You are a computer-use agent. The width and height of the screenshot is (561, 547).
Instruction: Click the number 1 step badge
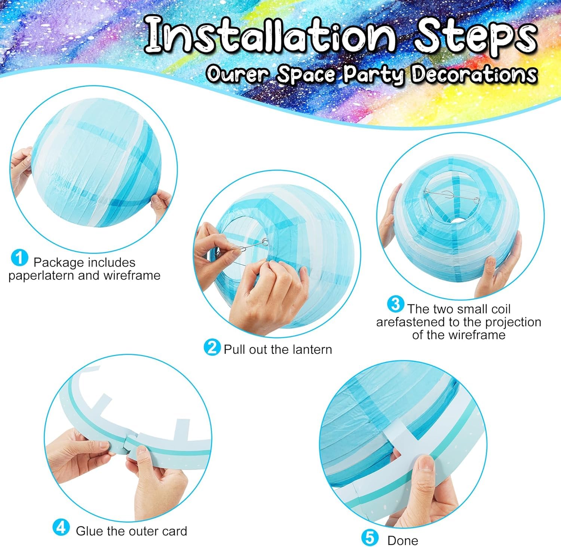[x=20, y=258]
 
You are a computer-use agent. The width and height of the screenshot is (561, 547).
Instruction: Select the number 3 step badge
[x=396, y=304]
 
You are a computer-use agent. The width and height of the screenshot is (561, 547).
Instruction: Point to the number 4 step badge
[x=61, y=527]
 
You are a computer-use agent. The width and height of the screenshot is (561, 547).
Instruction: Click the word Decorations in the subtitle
[x=474, y=74]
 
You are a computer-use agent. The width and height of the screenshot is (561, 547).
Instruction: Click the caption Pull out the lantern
[x=278, y=350]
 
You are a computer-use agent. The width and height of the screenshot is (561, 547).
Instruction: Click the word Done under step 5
[x=403, y=541]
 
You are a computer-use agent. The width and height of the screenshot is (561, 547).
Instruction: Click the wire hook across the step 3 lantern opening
[x=451, y=196]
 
